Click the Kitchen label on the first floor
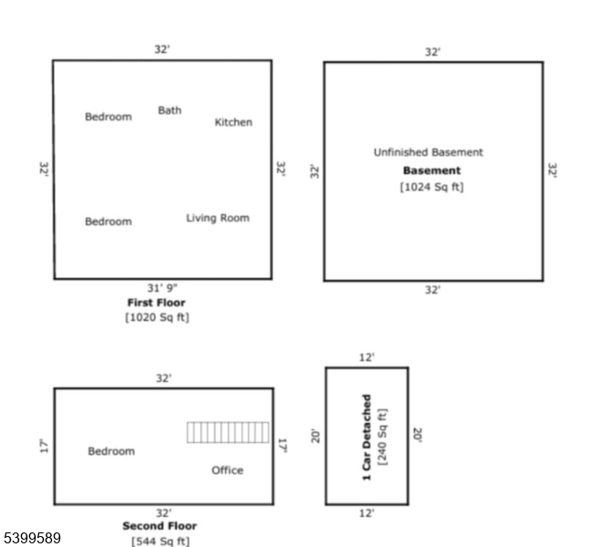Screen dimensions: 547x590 pos(233,122)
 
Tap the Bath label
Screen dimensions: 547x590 pos(170,110)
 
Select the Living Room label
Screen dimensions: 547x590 pos(217,218)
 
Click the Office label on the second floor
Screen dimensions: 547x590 pos(227,470)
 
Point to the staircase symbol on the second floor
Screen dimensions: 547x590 pos(228,432)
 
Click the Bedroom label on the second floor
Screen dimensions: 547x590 pos(110,451)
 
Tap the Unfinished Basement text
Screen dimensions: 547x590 pos(429,152)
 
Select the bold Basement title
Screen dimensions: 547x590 pos(432,170)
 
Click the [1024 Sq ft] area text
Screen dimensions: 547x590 pos(432,187)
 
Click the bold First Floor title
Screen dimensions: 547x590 pos(156,303)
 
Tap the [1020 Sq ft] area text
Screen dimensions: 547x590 pos(157,318)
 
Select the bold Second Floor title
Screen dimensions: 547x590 pos(160,526)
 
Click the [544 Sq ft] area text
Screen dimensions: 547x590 pos(160,541)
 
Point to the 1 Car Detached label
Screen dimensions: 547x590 pos(367,437)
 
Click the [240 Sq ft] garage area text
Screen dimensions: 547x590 pos(383,437)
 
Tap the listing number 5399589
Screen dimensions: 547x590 pos(32,539)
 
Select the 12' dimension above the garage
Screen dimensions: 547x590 pos(366,357)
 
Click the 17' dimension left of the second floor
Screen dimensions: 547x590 pos(42,446)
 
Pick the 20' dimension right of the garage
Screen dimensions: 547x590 pos(418,436)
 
